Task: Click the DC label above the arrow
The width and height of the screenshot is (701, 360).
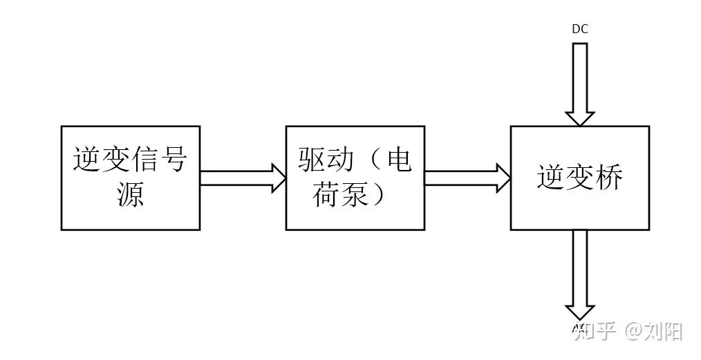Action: [579, 29]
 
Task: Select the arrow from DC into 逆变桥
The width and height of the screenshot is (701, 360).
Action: [579, 83]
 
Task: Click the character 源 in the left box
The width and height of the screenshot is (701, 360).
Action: [130, 195]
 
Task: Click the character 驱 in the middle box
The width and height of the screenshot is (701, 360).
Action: [312, 160]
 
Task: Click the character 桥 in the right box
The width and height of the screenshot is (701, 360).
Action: [608, 178]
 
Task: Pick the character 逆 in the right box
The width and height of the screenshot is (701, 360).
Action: [551, 178]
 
